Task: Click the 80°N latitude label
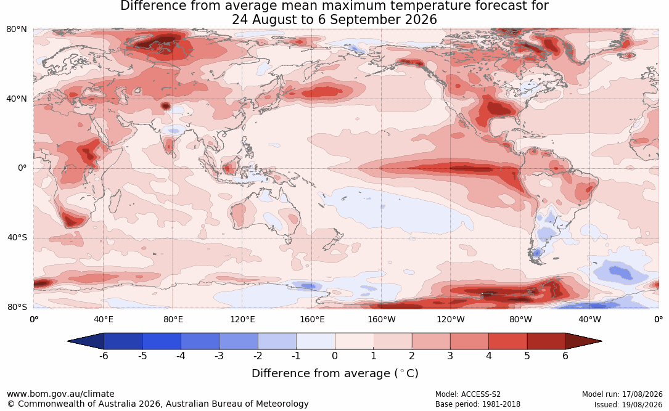pos(16,30)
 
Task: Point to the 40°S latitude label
pos(17,237)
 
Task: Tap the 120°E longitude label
pos(242,319)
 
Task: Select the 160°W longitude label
pos(382,319)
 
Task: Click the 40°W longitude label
pos(590,319)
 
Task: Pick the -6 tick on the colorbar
pos(104,356)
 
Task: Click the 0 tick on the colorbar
pos(335,356)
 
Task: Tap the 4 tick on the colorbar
pos(489,356)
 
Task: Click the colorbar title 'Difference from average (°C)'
pos(335,373)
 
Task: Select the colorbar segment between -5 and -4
pos(162,341)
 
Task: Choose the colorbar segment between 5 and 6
pos(546,341)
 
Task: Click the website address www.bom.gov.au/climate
pos(60,394)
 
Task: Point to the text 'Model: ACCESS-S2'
pos(468,394)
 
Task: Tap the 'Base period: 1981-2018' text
pos(478,404)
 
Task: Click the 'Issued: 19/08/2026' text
pos(628,404)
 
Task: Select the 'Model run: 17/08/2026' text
pos(622,394)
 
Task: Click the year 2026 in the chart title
pos(419,20)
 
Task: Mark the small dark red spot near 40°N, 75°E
pos(165,106)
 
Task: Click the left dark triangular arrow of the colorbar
pos(86,341)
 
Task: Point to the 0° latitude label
pos(22,168)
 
